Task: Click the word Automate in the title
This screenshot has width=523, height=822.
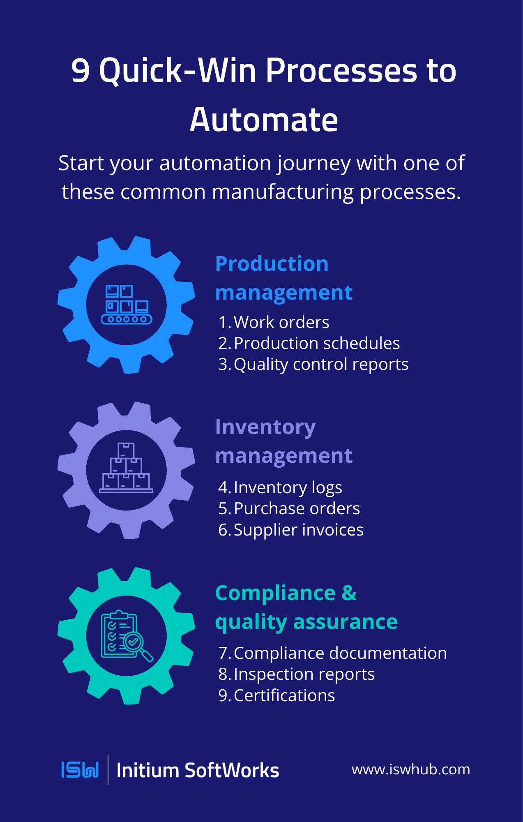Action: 264,120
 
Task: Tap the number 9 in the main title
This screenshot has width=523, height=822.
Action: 81,70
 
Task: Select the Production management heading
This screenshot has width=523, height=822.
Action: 283,278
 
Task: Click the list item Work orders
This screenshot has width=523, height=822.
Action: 281,322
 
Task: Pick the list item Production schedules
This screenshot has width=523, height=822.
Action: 316,343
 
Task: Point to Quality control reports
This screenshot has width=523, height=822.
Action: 321,364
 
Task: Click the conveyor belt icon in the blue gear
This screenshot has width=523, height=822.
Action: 127,305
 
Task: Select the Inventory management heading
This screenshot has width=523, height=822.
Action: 283,441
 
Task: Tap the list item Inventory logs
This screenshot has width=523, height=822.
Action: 288,487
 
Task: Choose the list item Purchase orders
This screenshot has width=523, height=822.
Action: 297,508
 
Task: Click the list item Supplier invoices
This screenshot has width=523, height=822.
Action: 298,530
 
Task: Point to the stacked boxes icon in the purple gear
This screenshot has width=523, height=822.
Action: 126,468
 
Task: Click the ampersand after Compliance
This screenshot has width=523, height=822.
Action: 349,593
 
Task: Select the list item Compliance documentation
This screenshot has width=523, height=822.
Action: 340,653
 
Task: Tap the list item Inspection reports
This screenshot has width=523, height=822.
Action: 304,674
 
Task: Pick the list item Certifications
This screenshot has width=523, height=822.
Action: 284,695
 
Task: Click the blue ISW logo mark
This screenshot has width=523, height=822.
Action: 80,770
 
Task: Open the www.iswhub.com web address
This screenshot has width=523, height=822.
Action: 411,769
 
